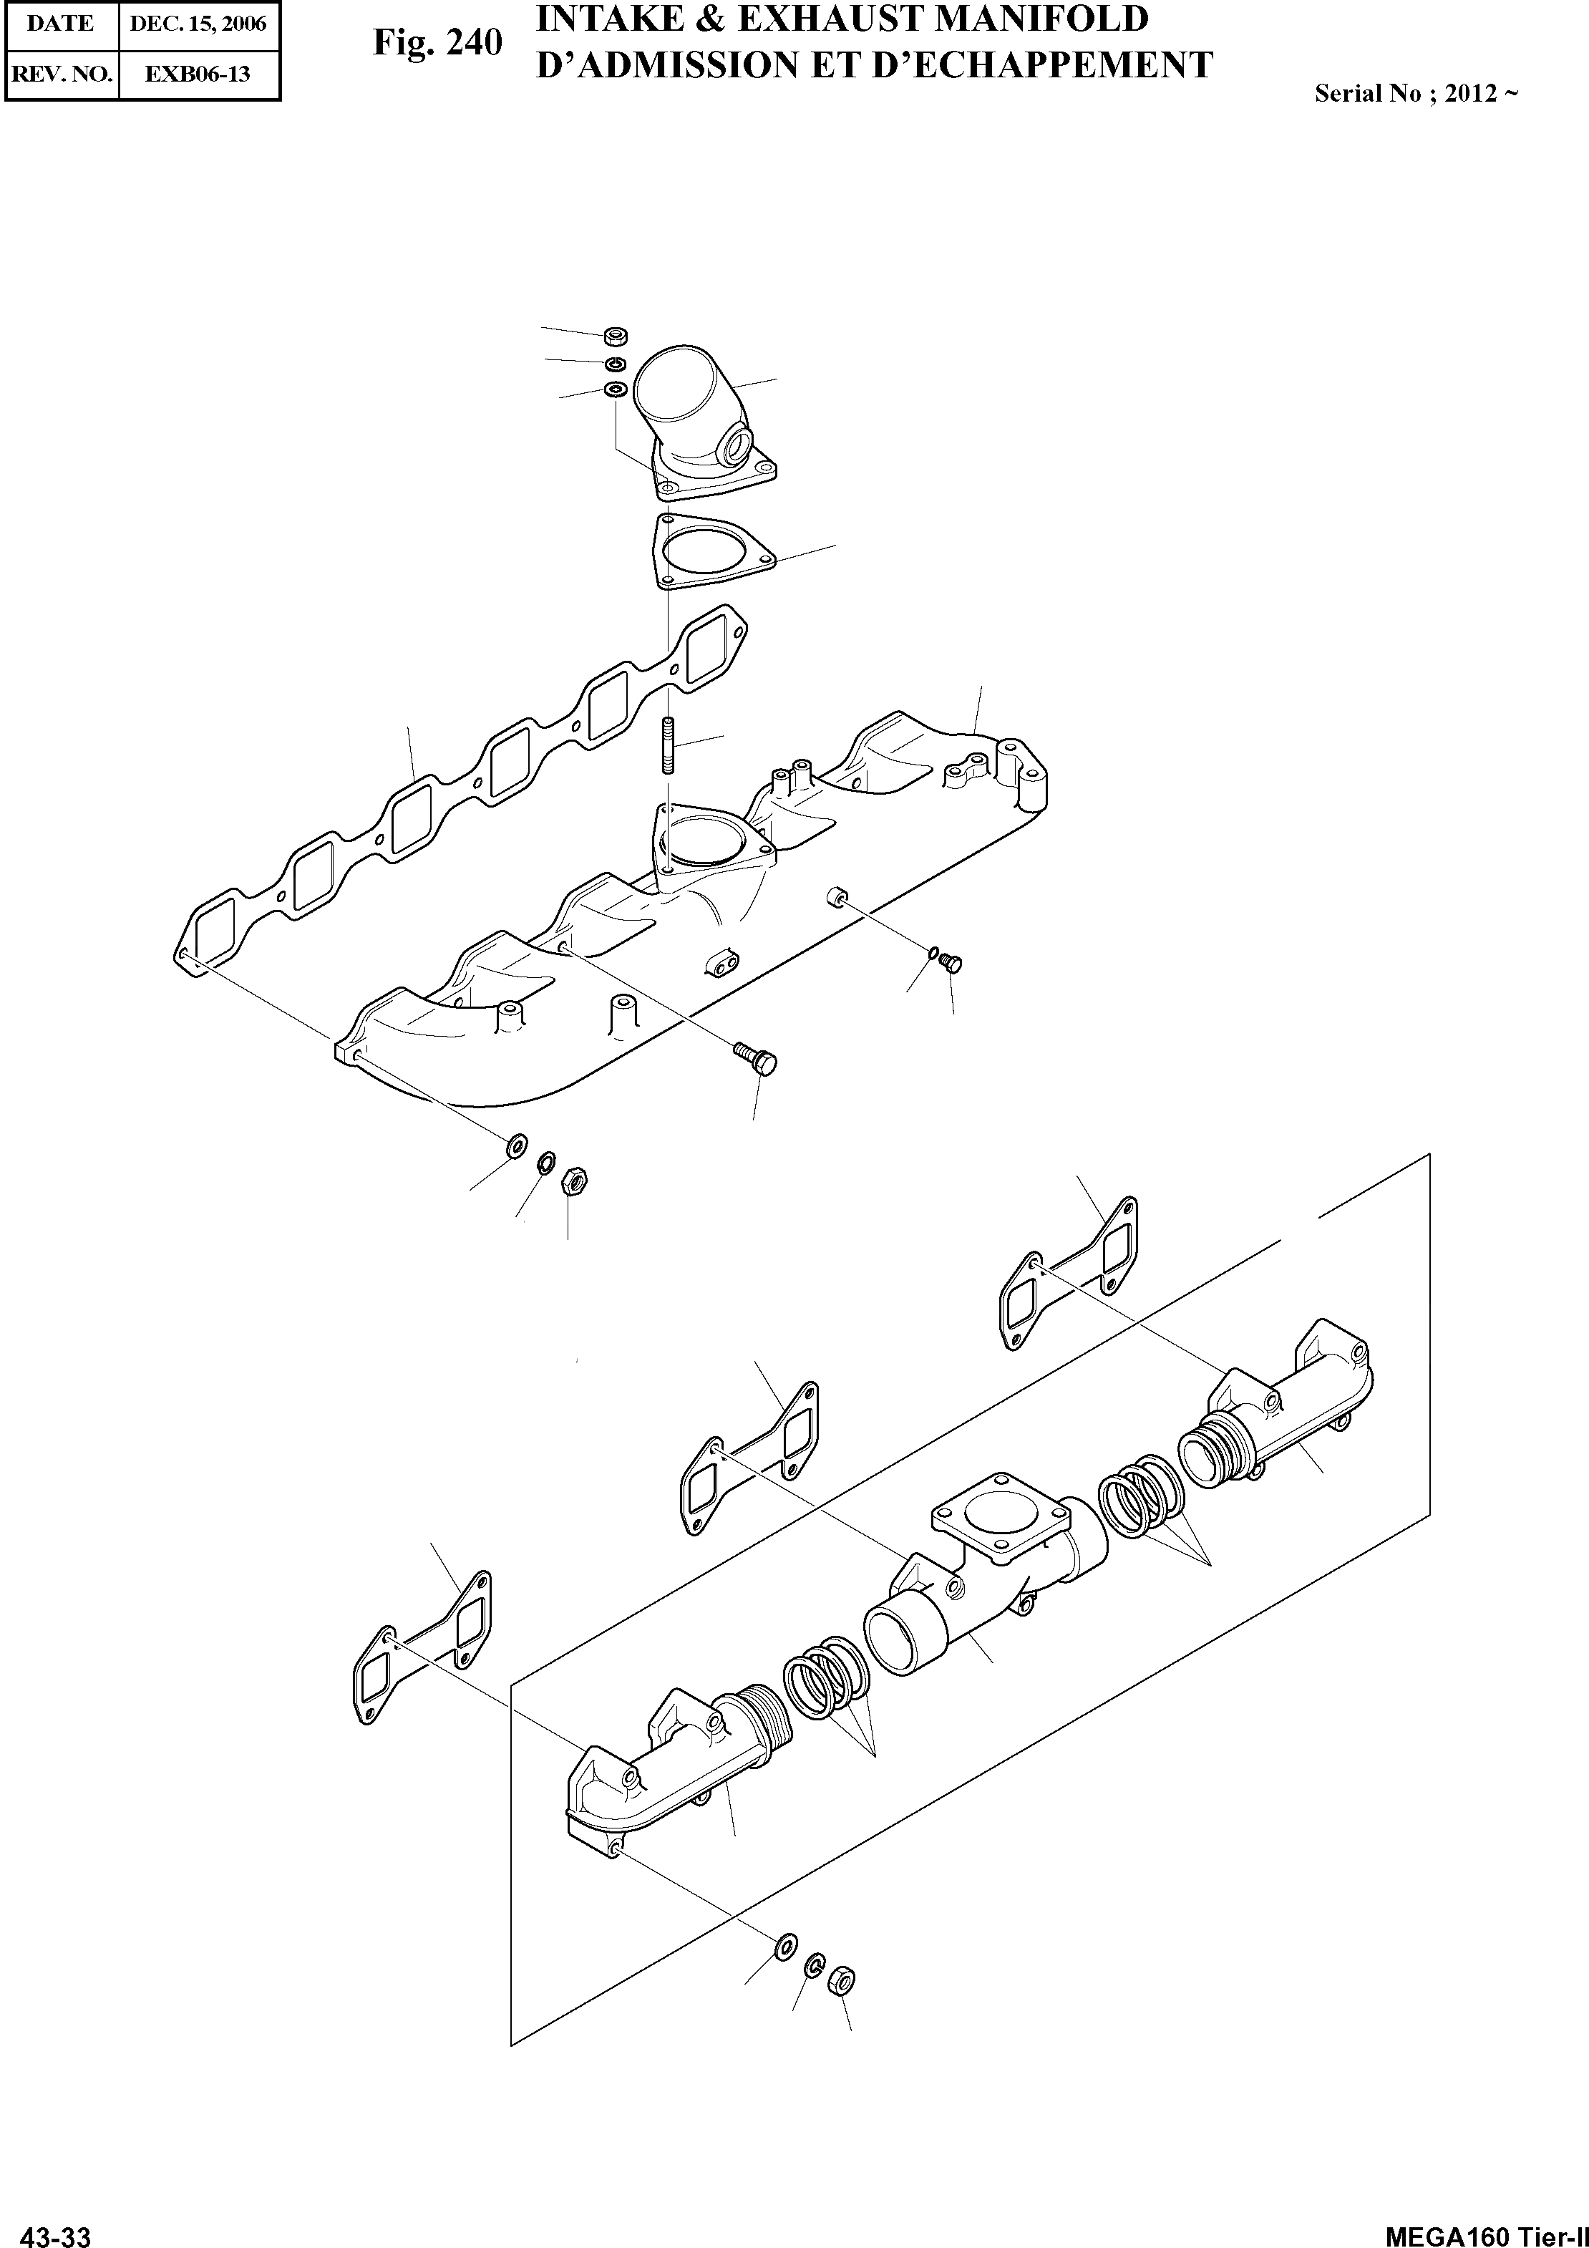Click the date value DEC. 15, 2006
point(199,24)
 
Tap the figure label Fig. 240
point(437,43)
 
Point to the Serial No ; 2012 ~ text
point(1416,93)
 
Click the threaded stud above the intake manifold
point(669,747)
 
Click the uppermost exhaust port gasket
point(1068,1273)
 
